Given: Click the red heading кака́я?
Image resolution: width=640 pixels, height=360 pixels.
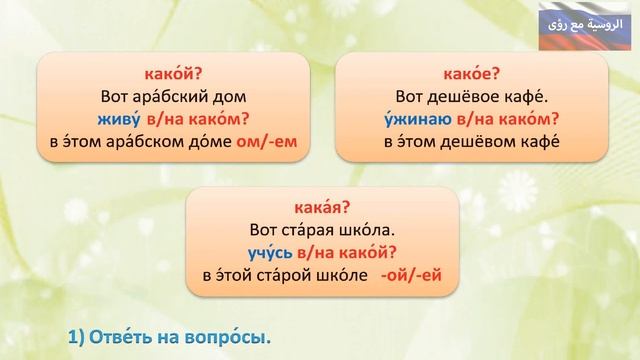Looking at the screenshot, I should point(322,208).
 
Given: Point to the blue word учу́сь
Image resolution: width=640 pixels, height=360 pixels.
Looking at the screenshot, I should point(270,253).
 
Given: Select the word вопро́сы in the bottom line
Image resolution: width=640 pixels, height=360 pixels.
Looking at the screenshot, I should point(232,338).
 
